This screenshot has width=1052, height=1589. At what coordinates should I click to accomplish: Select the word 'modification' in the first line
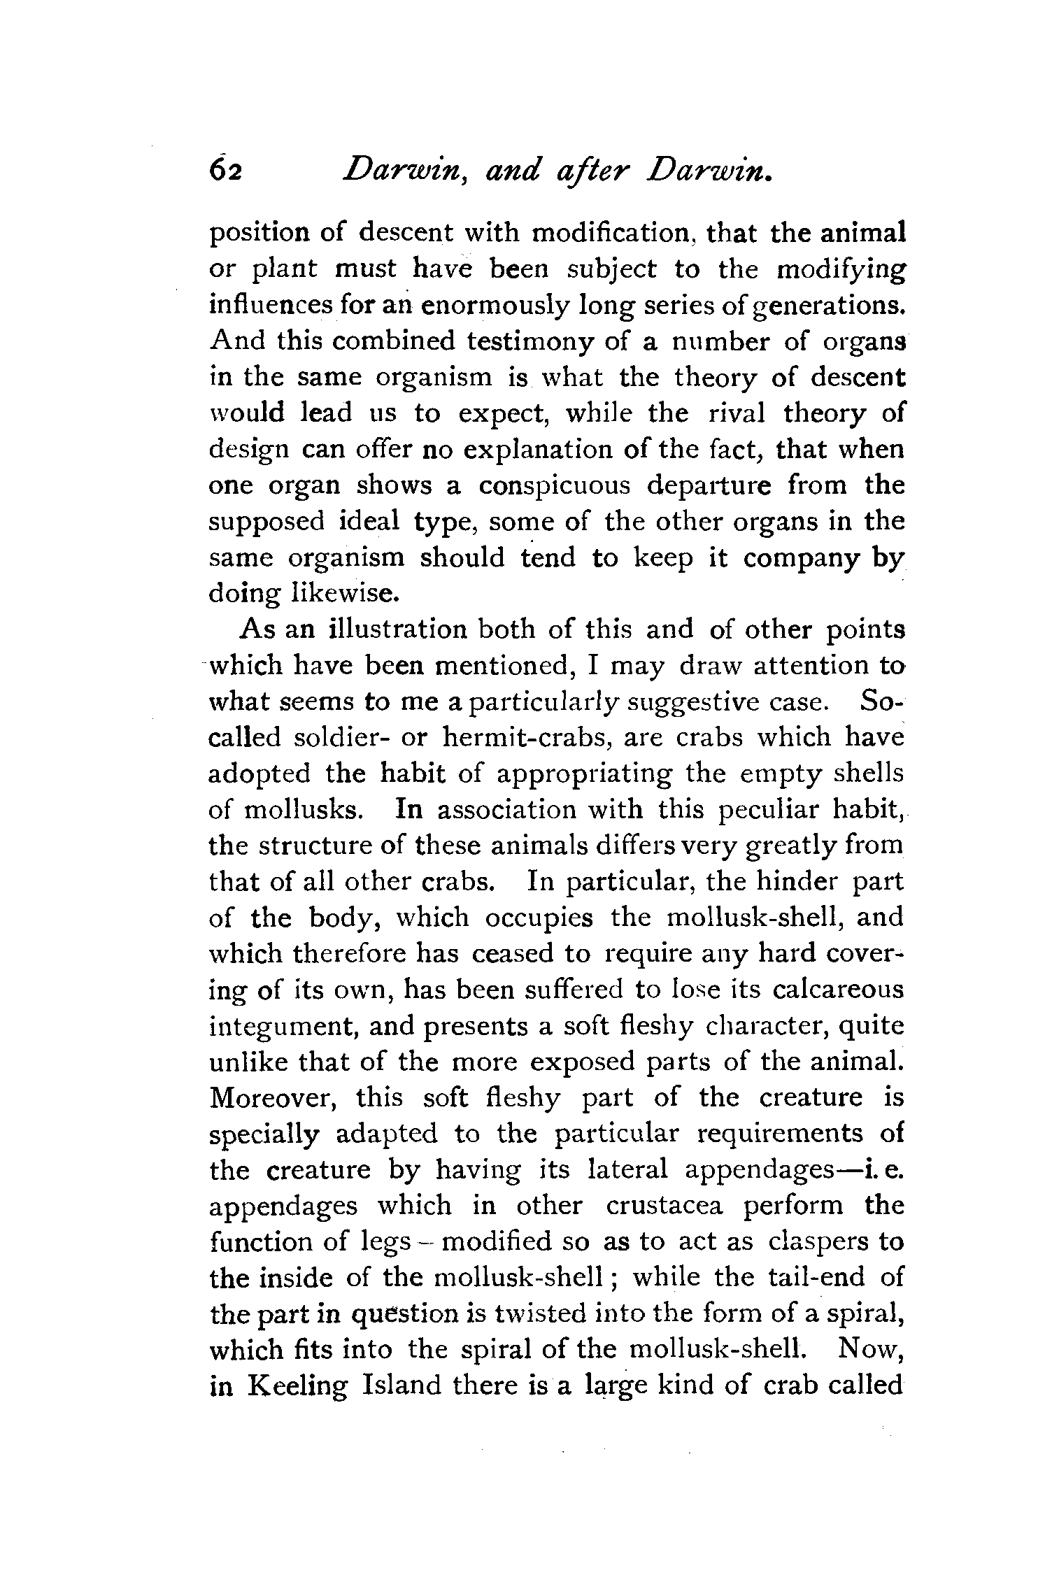611,233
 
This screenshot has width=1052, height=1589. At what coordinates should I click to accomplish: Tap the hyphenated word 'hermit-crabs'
527,738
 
